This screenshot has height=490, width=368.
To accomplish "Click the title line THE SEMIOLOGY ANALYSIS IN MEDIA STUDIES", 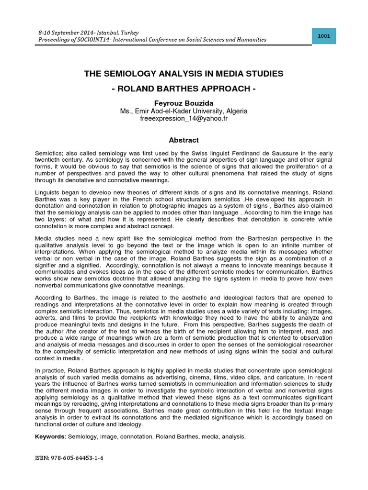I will click(184, 74).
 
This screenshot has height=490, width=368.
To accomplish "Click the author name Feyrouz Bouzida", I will click(184, 103).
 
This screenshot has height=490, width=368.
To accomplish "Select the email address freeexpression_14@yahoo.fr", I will click(184, 118).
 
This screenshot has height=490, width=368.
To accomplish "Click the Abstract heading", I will click(184, 140).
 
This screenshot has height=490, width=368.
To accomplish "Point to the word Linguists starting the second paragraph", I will click(49, 192).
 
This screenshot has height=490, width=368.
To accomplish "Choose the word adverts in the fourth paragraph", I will click(46, 318).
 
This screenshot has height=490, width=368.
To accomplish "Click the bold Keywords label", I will click(50, 436).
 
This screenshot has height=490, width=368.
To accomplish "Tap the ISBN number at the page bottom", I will click(69, 458).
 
